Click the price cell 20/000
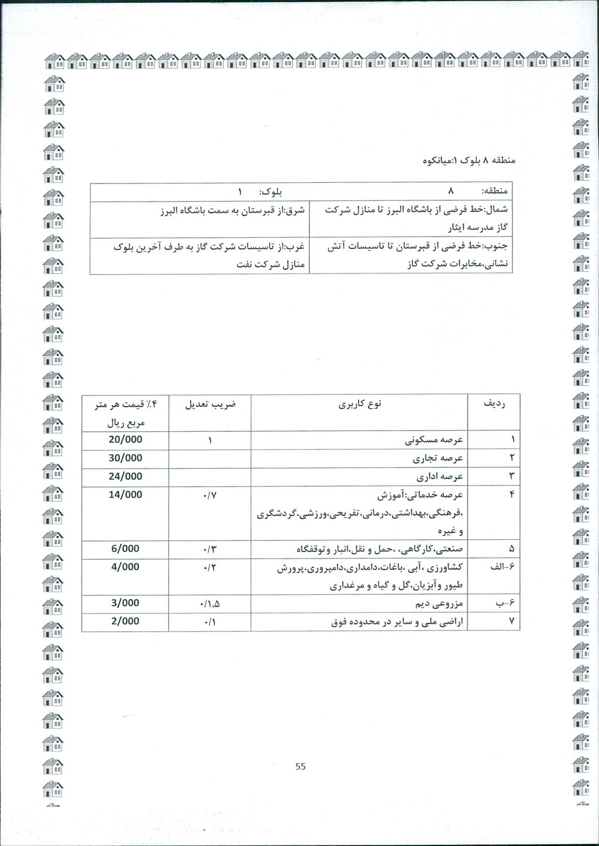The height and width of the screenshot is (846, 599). pos(125,439)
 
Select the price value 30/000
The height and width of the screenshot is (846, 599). pos(125,457)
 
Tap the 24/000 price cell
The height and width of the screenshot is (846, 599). pos(125,476)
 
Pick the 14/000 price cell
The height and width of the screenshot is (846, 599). pos(125,494)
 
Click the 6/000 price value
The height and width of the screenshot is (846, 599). pos(125,549)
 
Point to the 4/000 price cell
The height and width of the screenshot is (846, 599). pos(125,567)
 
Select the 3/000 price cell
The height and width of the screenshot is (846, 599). pos(125,602)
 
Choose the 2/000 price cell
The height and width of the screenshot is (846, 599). pos(125,621)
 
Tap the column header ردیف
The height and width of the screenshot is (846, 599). pos(494,404)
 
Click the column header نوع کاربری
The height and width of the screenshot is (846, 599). pos(360,404)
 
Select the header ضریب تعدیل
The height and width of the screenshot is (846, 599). pos(210,404)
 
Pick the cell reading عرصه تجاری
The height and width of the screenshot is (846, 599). pos(445,458)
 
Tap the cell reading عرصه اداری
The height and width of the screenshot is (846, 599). pos(445,477)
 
